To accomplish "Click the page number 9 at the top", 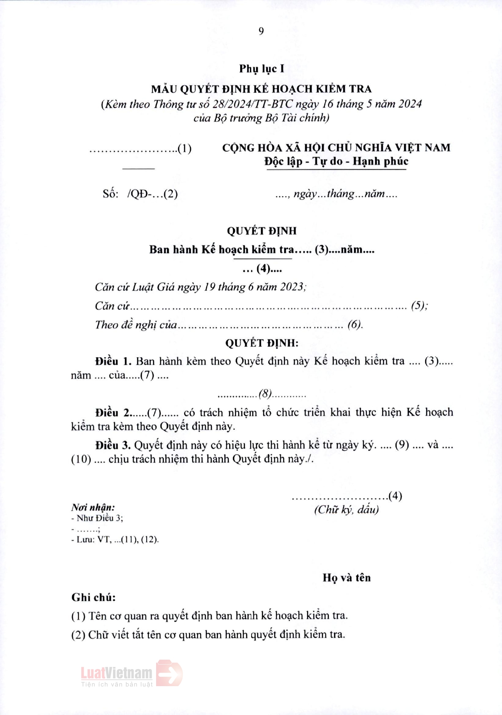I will (x=261, y=31).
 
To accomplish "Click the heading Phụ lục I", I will (x=261, y=69).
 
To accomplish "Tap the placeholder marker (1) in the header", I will (x=185, y=148).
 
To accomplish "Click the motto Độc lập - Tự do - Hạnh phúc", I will (x=336, y=161).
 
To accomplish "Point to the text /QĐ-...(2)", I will (x=152, y=194).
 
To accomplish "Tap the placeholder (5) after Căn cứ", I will (x=418, y=306).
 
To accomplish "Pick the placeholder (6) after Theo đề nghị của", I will (x=354, y=324).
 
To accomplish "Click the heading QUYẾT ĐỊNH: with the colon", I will (x=262, y=343).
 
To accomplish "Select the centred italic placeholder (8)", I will (x=265, y=393).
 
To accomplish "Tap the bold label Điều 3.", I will (x=113, y=445).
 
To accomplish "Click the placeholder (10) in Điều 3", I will (x=81, y=459).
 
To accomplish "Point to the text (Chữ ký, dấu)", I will (x=346, y=510).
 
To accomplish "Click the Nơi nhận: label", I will (x=93, y=507).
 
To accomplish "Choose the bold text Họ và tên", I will (x=347, y=578).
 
